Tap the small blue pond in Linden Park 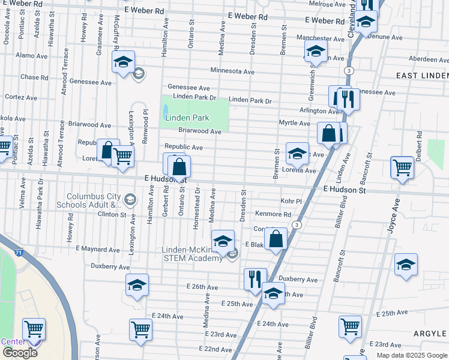(x=165, y=112)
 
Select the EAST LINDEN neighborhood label (x=423, y=75)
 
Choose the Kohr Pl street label (x=289, y=202)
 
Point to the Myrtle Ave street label (x=294, y=123)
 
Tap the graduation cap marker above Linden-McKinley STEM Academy (x=223, y=242)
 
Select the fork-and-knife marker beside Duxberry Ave (x=255, y=279)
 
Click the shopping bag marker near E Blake (x=276, y=239)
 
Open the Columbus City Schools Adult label (x=95, y=200)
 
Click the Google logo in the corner (x=20, y=353)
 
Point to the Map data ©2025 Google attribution (x=411, y=355)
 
